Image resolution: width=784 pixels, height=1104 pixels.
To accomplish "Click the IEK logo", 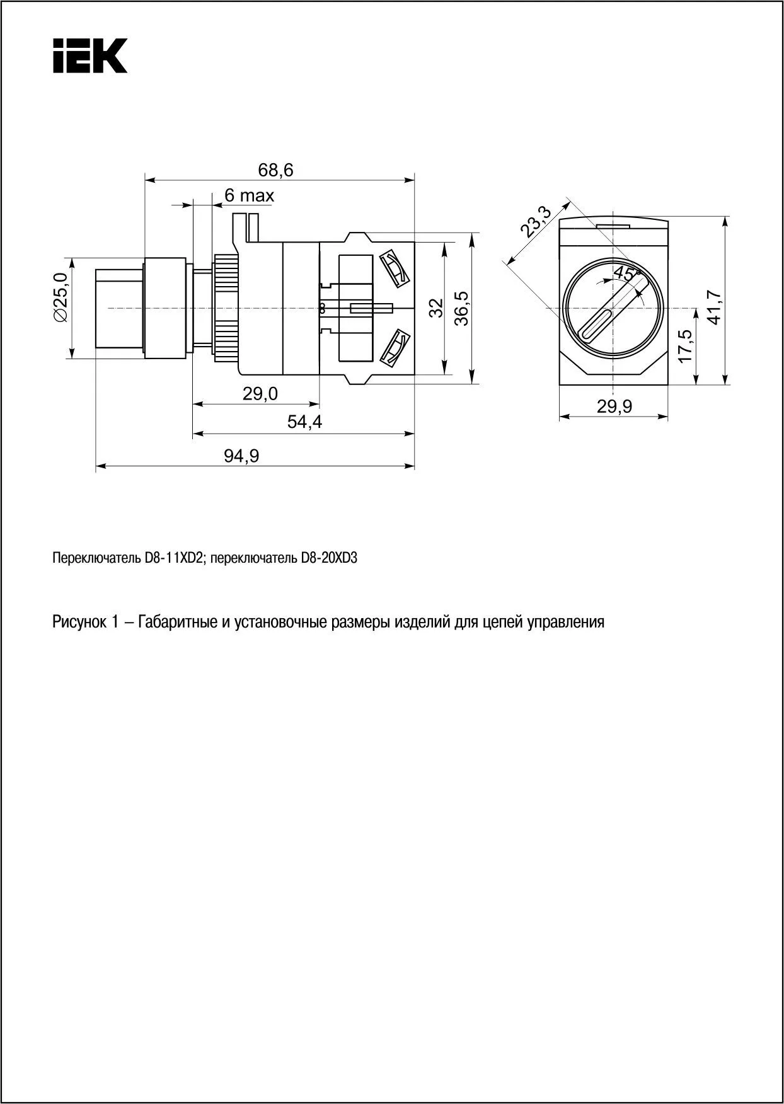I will click(x=89, y=55).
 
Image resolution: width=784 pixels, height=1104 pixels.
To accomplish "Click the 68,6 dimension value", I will click(x=275, y=170).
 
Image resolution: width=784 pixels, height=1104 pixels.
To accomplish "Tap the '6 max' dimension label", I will click(x=249, y=196).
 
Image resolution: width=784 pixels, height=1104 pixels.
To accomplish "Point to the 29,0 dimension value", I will click(x=260, y=394).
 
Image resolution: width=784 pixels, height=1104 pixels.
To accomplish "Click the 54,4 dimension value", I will click(x=304, y=422).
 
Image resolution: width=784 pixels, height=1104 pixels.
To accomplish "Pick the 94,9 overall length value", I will click(x=241, y=456).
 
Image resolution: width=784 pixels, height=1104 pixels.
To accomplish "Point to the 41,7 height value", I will click(x=714, y=307).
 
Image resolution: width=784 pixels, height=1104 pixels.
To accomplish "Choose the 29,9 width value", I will click(x=614, y=407).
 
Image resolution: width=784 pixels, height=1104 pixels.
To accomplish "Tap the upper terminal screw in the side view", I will click(x=395, y=270).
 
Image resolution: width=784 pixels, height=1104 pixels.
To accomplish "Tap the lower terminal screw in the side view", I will click(x=395, y=347).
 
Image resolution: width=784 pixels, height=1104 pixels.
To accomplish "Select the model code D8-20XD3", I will click(x=325, y=558).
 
